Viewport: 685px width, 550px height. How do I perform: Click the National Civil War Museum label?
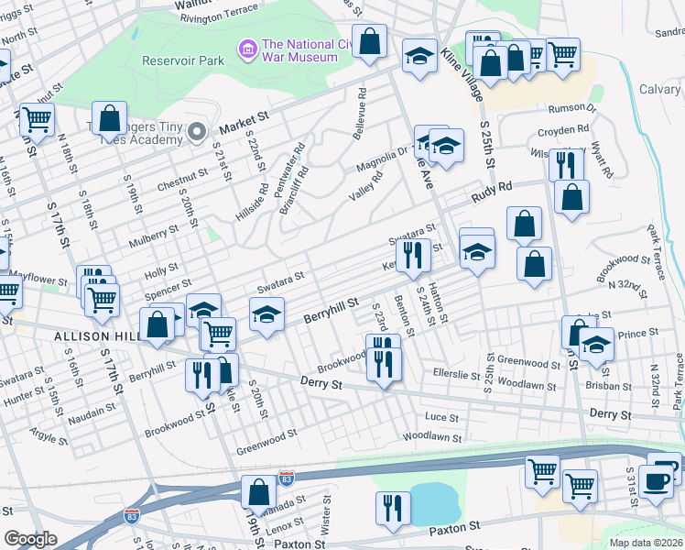tap(299, 49)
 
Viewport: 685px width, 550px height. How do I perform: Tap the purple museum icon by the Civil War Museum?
tap(247, 47)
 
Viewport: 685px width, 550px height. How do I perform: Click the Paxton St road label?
tap(454, 529)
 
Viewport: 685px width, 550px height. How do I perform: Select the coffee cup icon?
tap(655, 479)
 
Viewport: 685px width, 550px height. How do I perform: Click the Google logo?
tap(30, 539)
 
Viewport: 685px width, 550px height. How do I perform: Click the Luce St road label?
tap(441, 417)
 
